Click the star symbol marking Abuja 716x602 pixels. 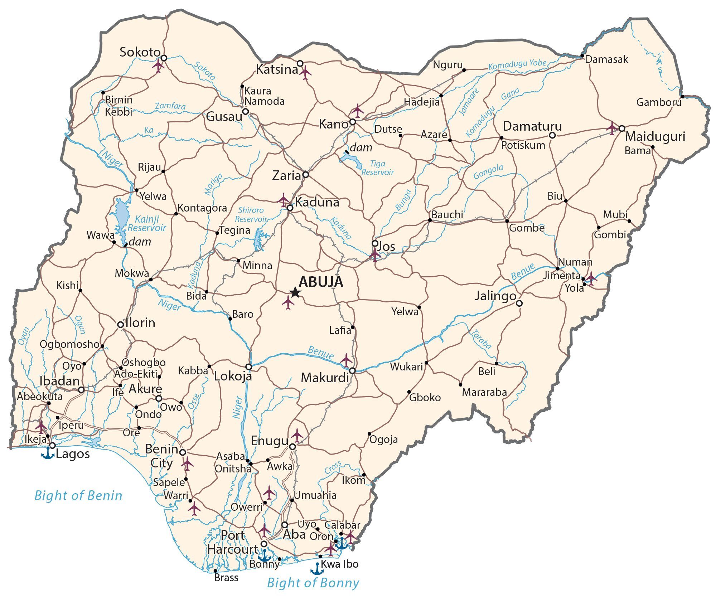[295, 292]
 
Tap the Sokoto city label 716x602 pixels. [140, 52]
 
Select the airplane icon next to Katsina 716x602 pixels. [305, 73]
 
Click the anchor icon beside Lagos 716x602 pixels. [48, 453]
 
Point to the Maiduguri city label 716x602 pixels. [655, 137]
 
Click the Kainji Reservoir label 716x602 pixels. [147, 223]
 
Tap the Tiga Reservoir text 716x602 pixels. [377, 168]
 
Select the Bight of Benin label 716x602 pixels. [78, 496]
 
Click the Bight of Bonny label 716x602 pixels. [313, 583]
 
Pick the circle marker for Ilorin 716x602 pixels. [121, 324]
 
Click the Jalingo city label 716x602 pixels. [495, 296]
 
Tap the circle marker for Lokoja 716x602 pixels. [248, 367]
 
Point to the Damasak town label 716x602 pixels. [606, 59]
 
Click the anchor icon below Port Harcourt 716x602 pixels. [265, 555]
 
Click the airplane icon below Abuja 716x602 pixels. [288, 302]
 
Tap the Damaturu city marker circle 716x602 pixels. [552, 135]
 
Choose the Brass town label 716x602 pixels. [226, 578]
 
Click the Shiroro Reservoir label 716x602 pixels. [251, 215]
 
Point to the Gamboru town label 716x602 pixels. [658, 102]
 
